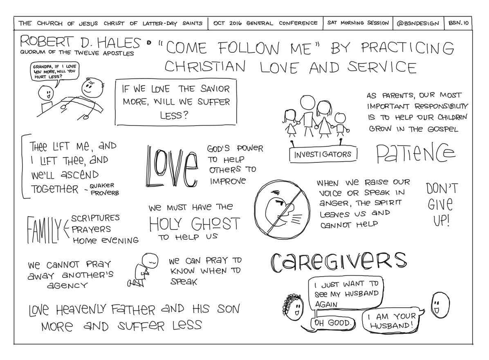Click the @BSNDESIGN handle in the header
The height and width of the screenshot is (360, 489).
(x=417, y=23)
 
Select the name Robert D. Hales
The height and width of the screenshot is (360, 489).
(x=80, y=42)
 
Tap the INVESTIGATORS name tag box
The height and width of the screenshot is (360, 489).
(x=323, y=154)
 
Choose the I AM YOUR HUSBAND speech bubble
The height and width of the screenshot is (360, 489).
(x=390, y=321)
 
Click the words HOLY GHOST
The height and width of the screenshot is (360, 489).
(x=194, y=224)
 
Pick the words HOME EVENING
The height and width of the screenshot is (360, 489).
(x=105, y=241)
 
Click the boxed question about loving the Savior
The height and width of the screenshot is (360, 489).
(x=176, y=102)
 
